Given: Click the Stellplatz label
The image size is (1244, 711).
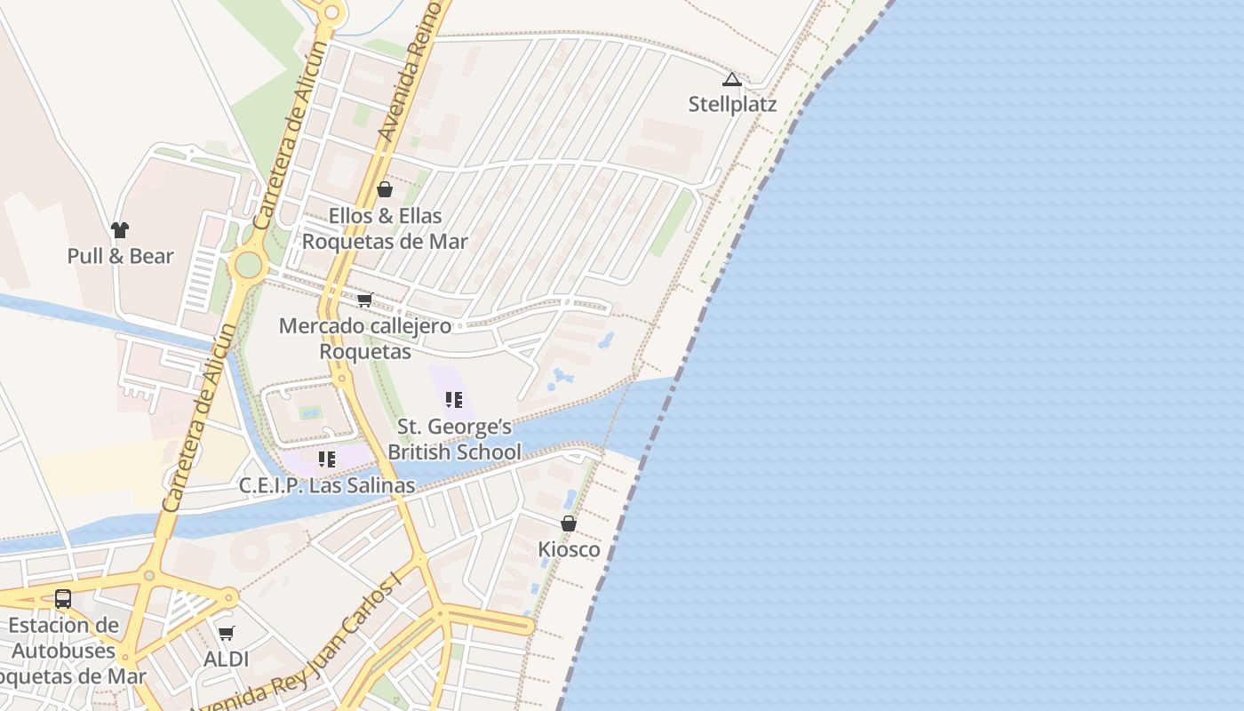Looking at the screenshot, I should (732, 104).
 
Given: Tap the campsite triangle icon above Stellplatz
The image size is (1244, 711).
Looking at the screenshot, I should (731, 80).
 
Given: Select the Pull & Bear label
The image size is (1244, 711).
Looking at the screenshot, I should (120, 256).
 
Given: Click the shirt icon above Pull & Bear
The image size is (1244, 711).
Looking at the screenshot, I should (120, 230).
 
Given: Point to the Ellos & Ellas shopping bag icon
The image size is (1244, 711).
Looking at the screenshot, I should (385, 189).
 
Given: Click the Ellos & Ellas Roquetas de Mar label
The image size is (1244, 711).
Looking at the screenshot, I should (385, 228).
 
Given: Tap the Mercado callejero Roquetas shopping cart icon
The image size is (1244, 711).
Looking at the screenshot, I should (364, 300).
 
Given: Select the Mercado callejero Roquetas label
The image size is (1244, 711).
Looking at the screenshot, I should (365, 339).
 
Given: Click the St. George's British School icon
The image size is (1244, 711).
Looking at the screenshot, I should (454, 400).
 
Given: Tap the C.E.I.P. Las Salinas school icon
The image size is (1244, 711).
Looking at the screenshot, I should (327, 459).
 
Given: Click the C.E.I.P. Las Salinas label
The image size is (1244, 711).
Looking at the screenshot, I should (327, 485).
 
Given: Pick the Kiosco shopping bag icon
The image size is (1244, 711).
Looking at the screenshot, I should (569, 523).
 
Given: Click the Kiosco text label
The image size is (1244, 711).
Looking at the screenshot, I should (569, 549).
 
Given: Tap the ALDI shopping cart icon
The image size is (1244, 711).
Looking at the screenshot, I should (227, 634).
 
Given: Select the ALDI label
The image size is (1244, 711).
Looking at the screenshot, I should (227, 659).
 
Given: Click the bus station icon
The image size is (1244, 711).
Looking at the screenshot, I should (63, 599).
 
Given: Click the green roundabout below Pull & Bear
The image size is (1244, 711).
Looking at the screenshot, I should (248, 264).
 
